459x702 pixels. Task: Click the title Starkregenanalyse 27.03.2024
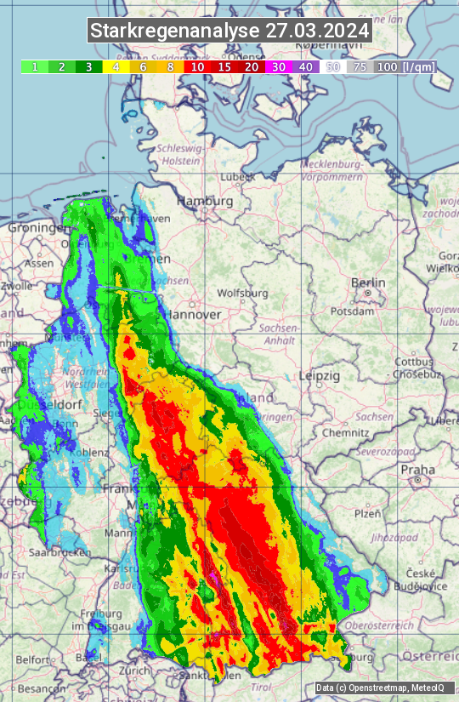(229, 31)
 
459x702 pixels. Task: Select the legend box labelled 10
(197, 66)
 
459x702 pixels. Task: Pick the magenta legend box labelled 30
(279, 66)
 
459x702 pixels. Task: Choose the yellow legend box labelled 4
(115, 66)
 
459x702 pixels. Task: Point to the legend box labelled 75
(360, 66)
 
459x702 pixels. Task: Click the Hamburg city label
(204, 202)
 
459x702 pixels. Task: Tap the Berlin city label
(368, 283)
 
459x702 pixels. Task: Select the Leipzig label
(320, 375)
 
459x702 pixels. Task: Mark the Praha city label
(418, 469)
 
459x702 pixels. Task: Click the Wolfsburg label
(242, 294)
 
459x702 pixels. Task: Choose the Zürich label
(135, 670)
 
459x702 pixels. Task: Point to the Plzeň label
(367, 513)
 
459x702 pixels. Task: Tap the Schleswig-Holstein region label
(180, 154)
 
